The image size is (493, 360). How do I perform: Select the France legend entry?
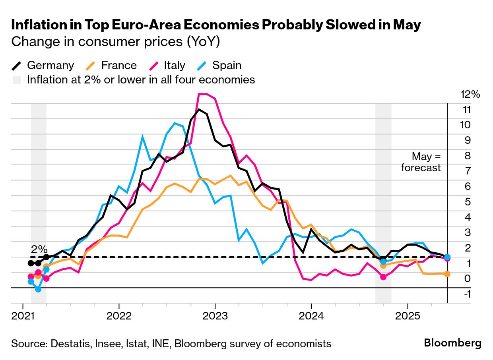[112, 66]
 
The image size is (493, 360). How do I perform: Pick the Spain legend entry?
[219, 66]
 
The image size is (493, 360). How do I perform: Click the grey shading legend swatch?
[17, 80]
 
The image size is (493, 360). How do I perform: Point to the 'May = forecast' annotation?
[421, 162]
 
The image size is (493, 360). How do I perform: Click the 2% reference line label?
[39, 250]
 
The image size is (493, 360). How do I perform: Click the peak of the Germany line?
[199, 109]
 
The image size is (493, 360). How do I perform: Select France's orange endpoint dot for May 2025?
[447, 274]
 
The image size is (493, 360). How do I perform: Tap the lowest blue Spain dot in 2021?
[38, 289]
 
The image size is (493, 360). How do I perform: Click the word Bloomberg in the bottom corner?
[452, 343]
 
